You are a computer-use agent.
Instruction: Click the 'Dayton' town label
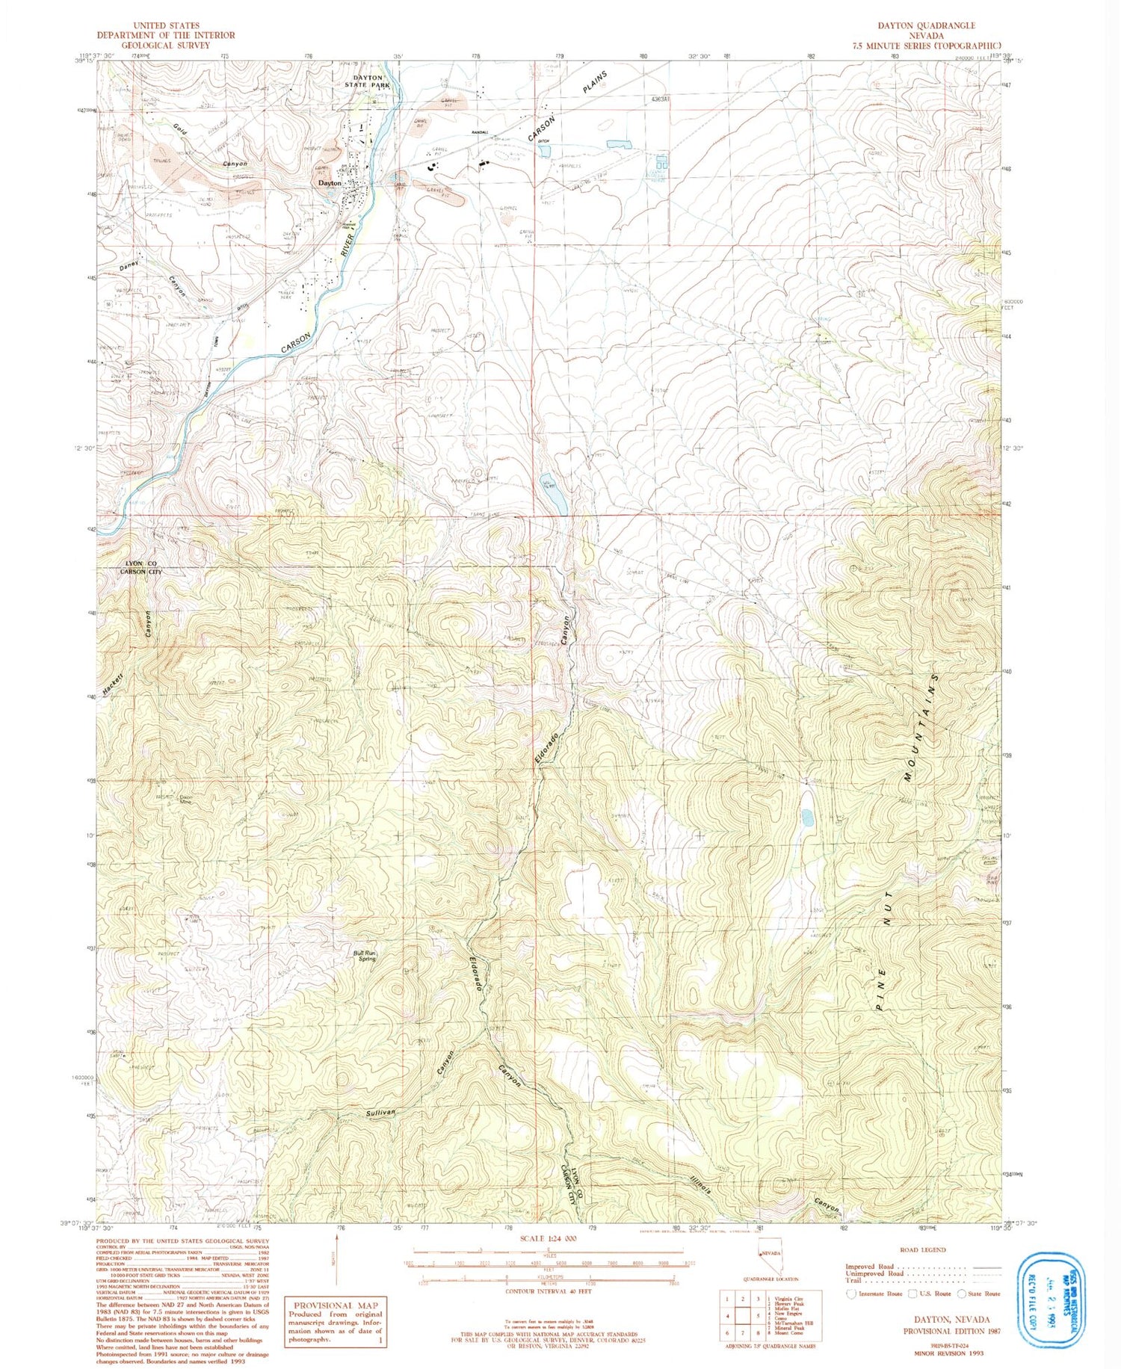click(330, 182)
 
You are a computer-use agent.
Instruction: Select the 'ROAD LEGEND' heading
click(922, 1249)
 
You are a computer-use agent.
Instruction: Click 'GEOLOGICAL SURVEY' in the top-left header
click(166, 45)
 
